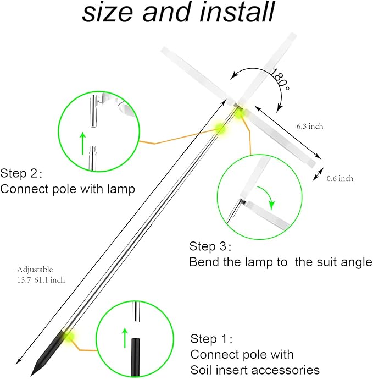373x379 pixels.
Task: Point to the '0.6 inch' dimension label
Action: point(340,178)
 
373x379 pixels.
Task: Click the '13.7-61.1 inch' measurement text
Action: point(41,279)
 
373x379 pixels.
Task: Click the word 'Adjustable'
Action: point(35,270)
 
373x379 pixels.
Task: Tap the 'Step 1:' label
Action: point(211,338)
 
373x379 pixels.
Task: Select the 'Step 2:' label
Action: point(21,173)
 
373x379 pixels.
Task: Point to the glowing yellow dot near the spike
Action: point(69,335)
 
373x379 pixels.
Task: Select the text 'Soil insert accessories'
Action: point(255,370)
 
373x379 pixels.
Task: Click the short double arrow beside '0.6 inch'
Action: point(317,175)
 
